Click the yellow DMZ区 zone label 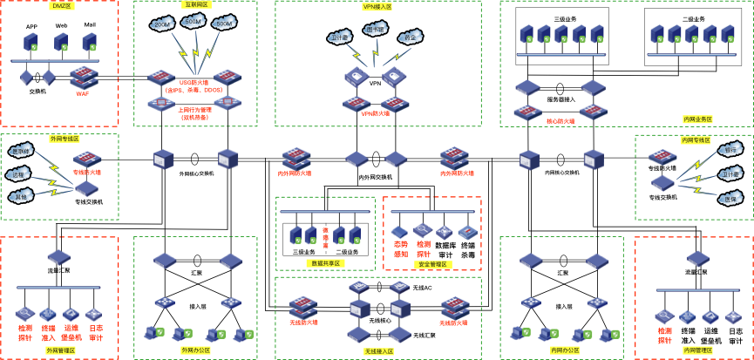point(63,5)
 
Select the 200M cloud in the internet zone point(162,24)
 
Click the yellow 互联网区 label point(196,4)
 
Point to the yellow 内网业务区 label point(697,119)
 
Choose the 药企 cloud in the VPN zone point(410,37)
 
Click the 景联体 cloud point(20,151)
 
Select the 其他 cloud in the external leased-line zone point(20,196)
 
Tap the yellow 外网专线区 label point(65,139)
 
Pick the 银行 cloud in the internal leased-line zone point(730,150)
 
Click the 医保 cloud point(730,199)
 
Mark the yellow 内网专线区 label point(695,139)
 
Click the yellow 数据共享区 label point(325,262)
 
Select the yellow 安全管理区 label point(431,264)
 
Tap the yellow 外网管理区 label point(60,350)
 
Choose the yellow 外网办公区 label point(195,350)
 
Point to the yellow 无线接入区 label point(378,351)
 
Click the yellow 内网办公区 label point(565,350)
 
